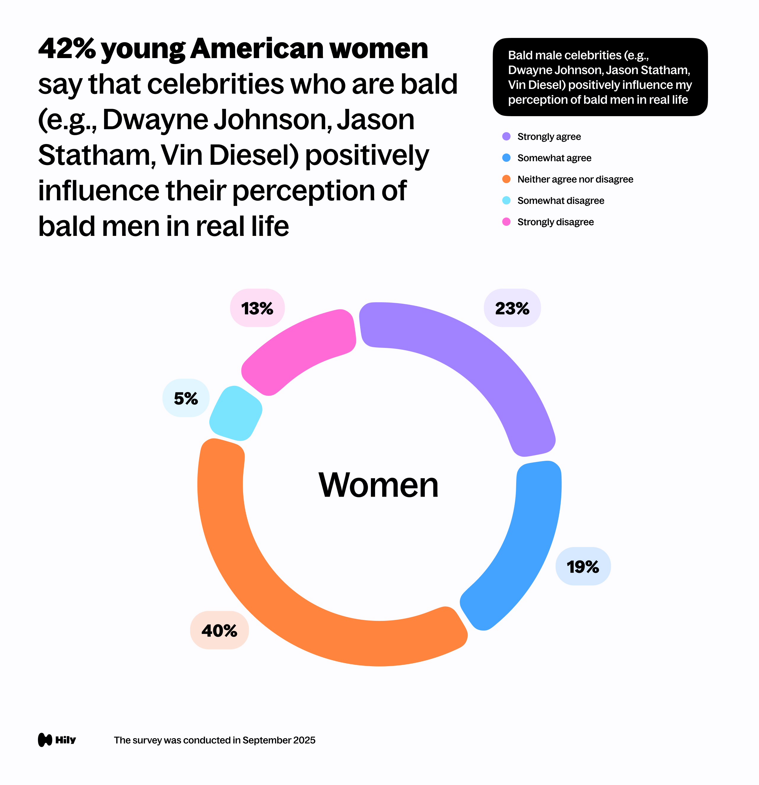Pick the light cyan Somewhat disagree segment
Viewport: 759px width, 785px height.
(236, 414)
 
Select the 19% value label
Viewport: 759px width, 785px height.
(583, 566)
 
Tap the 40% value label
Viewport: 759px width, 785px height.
(219, 630)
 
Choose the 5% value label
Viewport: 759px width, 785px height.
(186, 398)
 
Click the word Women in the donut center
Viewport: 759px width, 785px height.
(378, 485)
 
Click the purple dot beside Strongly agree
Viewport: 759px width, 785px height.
(506, 137)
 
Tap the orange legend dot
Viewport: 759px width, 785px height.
(506, 179)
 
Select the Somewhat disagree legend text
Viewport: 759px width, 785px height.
(560, 201)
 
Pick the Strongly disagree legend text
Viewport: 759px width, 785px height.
(555, 222)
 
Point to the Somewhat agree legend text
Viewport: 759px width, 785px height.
(554, 158)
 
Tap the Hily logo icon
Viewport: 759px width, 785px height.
(45, 740)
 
